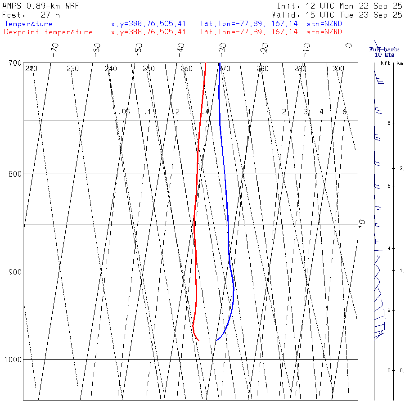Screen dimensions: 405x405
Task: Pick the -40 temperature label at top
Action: pos(181,48)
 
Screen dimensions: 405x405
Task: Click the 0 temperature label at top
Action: pos(348,45)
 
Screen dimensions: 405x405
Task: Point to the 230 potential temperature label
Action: pos(72,69)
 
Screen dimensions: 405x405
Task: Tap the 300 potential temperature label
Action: pos(338,69)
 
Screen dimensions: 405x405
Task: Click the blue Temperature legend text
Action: pos(28,24)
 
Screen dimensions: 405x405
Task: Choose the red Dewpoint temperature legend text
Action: pos(48,32)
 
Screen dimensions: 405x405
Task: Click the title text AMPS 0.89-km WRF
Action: pos(41,6)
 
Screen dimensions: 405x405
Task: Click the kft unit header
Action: pos(385,63)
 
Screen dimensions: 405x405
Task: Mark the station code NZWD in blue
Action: pos(324,24)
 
